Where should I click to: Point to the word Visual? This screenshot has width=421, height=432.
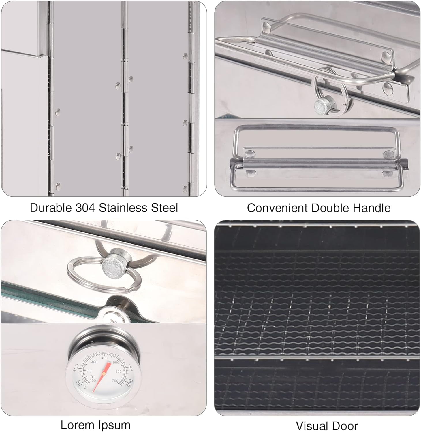[313, 426]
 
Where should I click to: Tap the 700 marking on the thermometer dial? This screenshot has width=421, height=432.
[115, 381]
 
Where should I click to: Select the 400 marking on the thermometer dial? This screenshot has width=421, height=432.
[104, 358]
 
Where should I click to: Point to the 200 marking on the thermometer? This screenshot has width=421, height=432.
[89, 371]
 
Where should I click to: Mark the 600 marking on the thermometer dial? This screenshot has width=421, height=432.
[118, 372]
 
